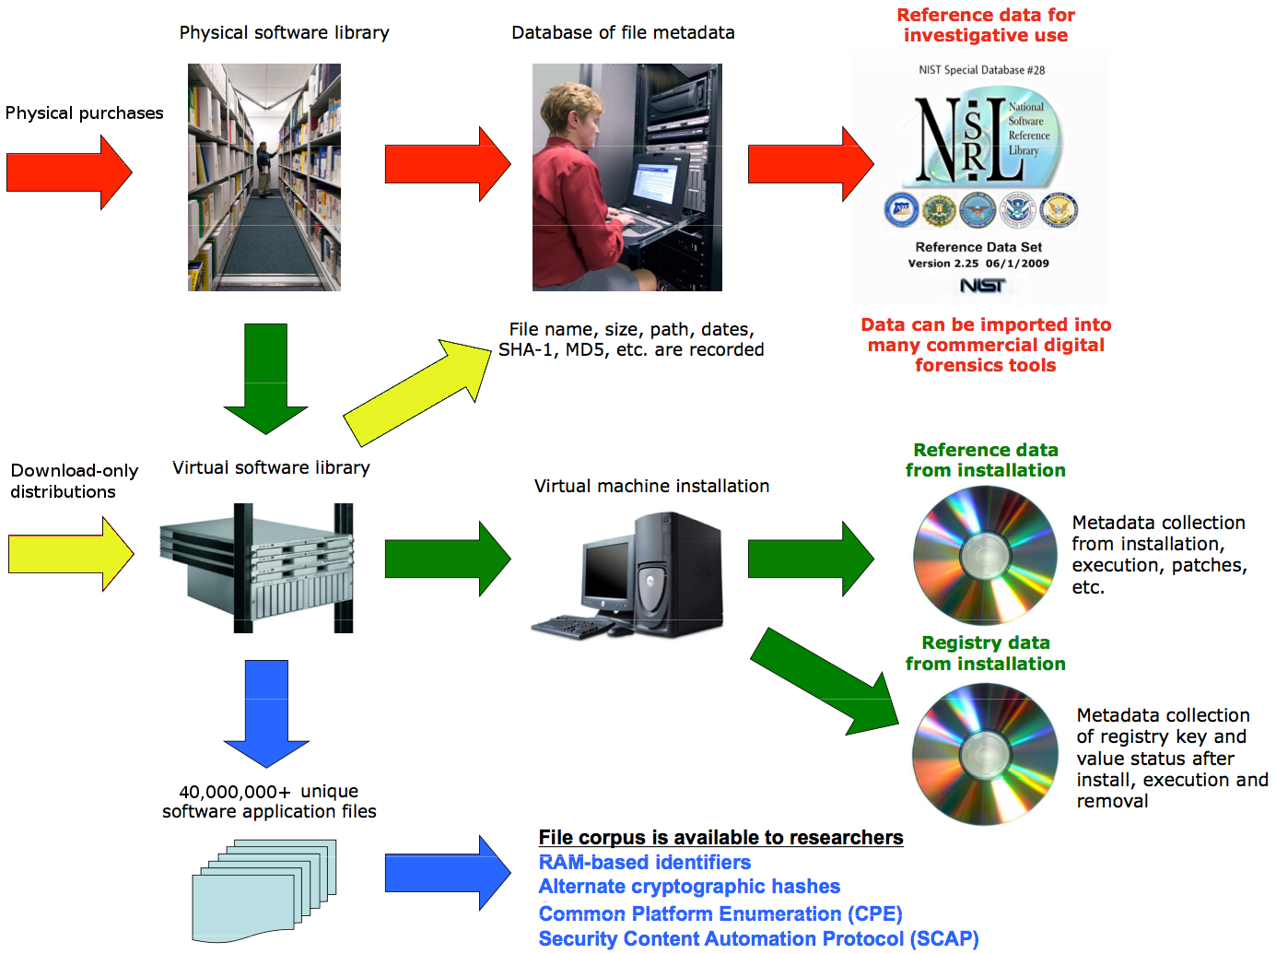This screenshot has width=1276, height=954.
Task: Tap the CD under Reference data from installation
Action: (x=985, y=556)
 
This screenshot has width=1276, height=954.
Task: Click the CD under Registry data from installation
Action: (x=985, y=755)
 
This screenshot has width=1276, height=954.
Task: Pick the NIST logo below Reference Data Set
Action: (x=982, y=286)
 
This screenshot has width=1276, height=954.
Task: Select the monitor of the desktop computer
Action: (x=607, y=571)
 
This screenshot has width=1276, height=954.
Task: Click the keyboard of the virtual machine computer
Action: (x=571, y=628)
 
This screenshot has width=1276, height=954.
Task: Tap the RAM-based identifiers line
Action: (x=644, y=863)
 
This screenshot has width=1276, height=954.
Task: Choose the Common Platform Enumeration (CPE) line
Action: (x=720, y=913)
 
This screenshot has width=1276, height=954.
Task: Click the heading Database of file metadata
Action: (x=623, y=33)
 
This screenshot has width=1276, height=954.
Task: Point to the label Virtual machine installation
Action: (x=651, y=486)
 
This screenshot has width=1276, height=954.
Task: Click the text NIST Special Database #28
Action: (x=981, y=70)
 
